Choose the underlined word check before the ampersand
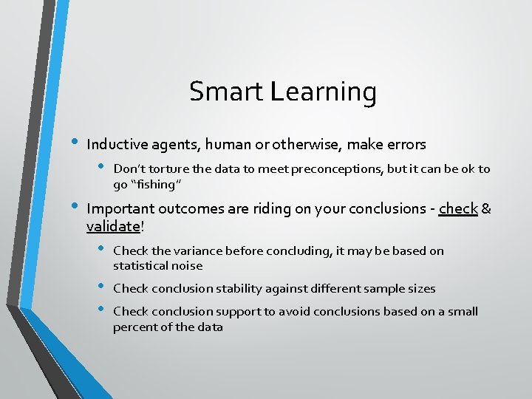tap(458, 209)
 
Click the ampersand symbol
tap(486, 209)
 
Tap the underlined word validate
tap(112, 226)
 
